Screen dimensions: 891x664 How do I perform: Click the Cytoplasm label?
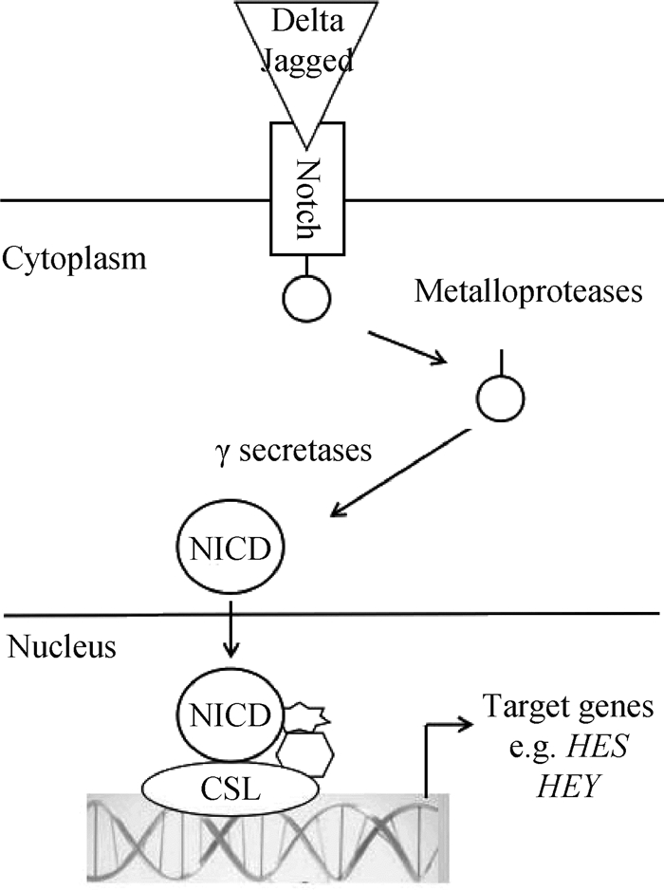(x=74, y=258)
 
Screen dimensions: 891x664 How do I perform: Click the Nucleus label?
(x=61, y=648)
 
